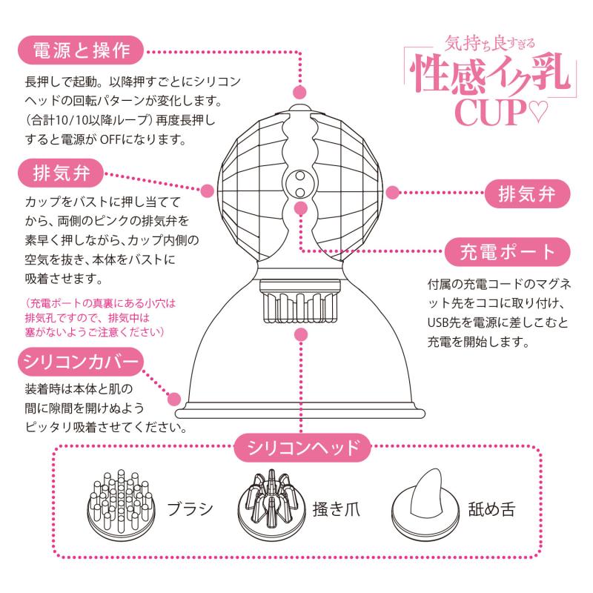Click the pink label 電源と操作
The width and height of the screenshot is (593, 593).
pyautogui.click(x=81, y=50)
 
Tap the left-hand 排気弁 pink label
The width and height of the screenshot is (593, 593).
pyautogui.click(x=61, y=173)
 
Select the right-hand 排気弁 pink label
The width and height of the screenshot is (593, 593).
pyautogui.click(x=527, y=194)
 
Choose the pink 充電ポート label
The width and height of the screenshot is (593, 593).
pyautogui.click(x=507, y=252)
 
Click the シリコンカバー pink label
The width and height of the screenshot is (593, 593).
pyautogui.click(x=81, y=362)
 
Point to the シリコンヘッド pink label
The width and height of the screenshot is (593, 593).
pyautogui.click(x=302, y=448)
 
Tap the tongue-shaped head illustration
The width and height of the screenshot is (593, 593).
pyautogui.click(x=425, y=503)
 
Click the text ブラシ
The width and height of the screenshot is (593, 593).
pyautogui.click(x=191, y=509)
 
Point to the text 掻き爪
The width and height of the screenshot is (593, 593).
pyautogui.click(x=337, y=509)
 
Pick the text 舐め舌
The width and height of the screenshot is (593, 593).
pyautogui.click(x=491, y=509)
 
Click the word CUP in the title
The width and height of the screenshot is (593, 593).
pyautogui.click(x=491, y=112)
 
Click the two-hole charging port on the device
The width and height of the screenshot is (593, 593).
pyautogui.click(x=300, y=184)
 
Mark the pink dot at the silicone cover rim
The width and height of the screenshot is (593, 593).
pyautogui.click(x=174, y=399)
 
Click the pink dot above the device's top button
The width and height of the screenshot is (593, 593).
pyautogui.click(x=299, y=92)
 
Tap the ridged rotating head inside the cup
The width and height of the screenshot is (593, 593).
pyautogui.click(x=300, y=302)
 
